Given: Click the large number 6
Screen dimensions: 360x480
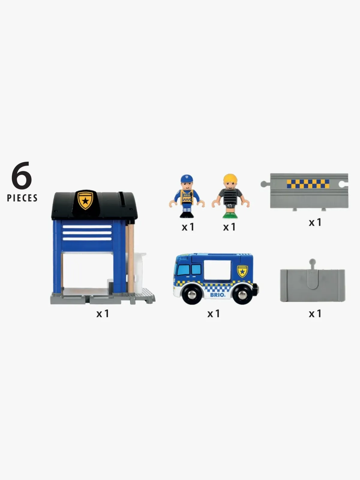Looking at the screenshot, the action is pos(22,175).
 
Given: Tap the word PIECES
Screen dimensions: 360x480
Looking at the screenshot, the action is pos(22,198).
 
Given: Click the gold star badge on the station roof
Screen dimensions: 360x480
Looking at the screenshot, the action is pos(85,200).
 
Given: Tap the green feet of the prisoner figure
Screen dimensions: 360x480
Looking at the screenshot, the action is pos(230,216).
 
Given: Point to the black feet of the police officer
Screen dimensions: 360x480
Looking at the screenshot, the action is pos(187,215).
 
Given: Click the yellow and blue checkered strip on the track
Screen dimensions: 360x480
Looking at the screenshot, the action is pos(308,184).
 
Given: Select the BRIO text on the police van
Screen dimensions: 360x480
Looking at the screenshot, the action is pos(217,295).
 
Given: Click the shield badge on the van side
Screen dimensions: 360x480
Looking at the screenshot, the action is pos(242,271).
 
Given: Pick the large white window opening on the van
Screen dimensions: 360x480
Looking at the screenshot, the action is pos(217,270).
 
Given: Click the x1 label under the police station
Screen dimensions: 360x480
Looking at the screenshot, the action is pos(103,314).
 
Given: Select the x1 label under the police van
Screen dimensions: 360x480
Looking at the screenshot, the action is pos(213,314).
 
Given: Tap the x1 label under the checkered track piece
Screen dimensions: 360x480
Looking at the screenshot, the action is pos(315,222).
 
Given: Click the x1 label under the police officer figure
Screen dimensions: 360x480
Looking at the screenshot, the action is pos(188,227).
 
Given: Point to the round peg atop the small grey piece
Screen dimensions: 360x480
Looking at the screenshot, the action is pos(312,261).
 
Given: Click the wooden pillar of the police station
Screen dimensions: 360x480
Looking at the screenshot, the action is pos(131,258).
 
